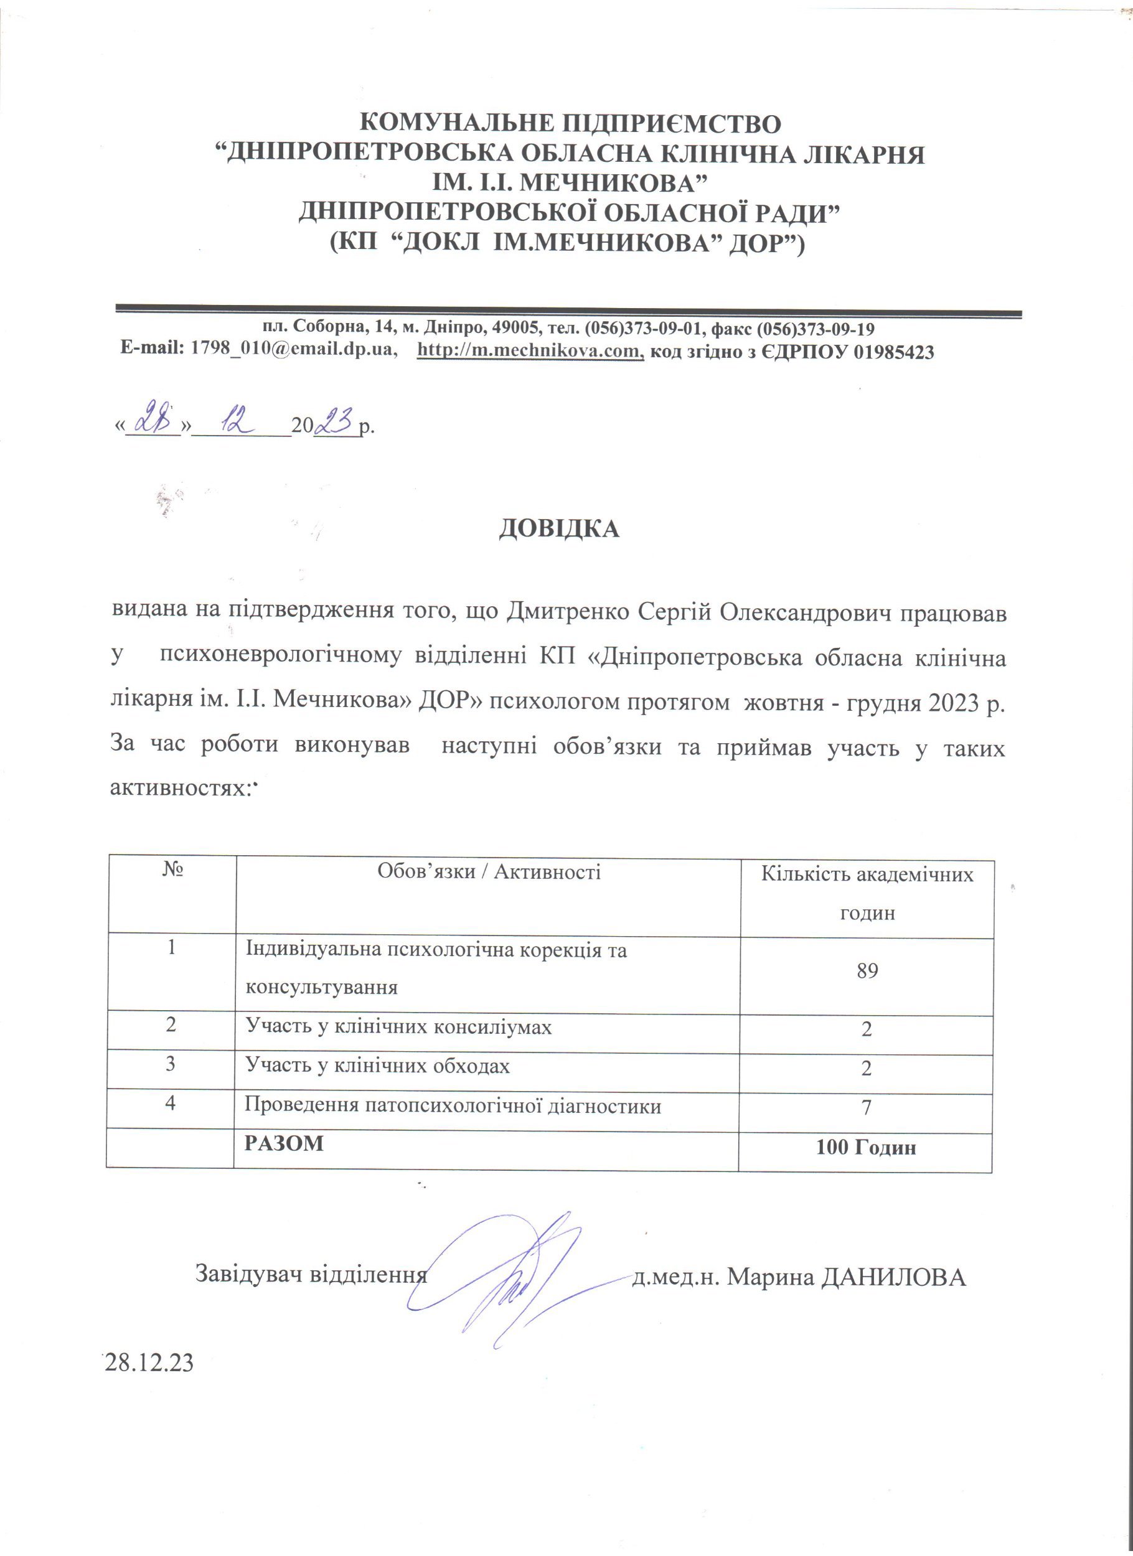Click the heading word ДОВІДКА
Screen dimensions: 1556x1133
(558, 529)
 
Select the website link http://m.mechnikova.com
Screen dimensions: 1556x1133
(530, 351)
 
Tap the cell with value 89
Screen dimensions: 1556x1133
(867, 972)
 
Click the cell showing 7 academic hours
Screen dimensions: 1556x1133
(866, 1107)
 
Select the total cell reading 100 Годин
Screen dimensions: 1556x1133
(866, 1147)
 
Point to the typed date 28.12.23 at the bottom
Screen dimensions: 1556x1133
(149, 1363)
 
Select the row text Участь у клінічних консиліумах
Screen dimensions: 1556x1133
(398, 1027)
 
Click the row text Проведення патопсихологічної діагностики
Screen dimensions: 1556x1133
(454, 1106)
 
